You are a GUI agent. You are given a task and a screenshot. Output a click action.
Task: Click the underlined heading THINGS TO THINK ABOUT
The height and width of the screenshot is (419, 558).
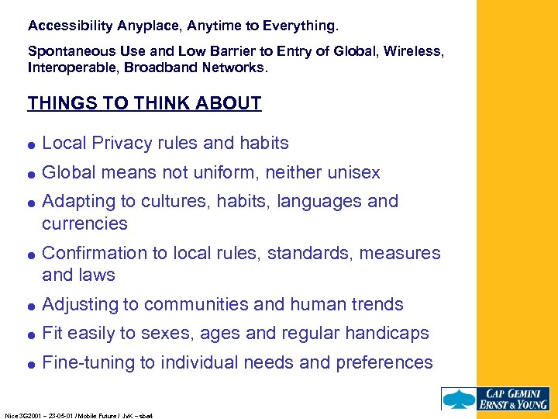pyautogui.click(x=144, y=103)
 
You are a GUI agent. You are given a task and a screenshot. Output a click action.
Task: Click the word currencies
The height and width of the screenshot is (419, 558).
pyautogui.click(x=84, y=223)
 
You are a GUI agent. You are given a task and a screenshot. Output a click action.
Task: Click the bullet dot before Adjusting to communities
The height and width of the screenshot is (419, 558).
pyautogui.click(x=32, y=305)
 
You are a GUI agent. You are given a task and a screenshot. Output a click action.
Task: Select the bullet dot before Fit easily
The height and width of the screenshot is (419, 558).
pyautogui.click(x=32, y=334)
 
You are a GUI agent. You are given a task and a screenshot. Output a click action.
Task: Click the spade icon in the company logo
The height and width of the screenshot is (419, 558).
pyautogui.click(x=458, y=398)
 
